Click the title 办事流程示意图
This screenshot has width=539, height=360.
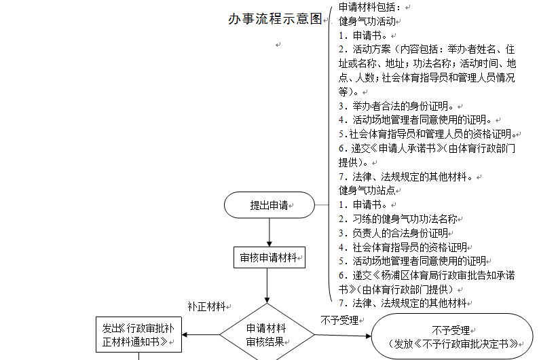(275, 19)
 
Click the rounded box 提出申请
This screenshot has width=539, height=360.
(269, 205)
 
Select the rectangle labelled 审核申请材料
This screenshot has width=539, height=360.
(269, 257)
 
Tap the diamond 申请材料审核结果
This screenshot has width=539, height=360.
(267, 334)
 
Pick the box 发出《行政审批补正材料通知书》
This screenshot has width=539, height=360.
(138, 335)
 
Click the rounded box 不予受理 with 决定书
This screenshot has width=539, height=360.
(452, 336)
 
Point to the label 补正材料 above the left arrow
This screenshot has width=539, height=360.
(206, 306)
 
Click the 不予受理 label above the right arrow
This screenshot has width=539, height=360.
(339, 321)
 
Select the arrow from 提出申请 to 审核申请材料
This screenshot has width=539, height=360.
(269, 232)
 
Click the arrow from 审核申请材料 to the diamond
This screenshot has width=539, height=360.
(267, 285)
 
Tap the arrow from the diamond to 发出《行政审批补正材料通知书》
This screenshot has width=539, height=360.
(201, 335)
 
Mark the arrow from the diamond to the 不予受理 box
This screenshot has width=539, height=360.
(343, 336)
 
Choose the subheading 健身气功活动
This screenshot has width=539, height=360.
(367, 21)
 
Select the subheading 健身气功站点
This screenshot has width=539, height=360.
(367, 190)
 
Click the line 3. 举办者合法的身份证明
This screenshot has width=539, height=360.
(398, 106)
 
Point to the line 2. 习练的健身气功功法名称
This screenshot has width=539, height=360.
(398, 219)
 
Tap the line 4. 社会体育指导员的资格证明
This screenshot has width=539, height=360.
(403, 247)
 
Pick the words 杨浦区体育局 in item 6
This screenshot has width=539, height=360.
(409, 275)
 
